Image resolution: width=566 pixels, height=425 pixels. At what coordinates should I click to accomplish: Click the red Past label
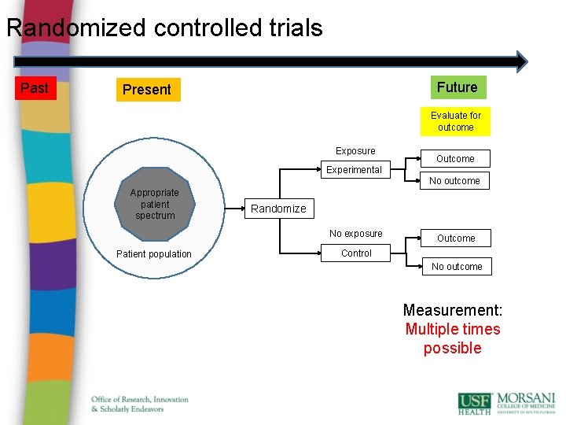(x=34, y=88)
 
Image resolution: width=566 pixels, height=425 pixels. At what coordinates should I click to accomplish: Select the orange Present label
(x=147, y=90)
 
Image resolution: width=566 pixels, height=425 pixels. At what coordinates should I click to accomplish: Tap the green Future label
(x=457, y=87)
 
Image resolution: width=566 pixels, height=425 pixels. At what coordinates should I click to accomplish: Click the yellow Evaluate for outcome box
(x=455, y=121)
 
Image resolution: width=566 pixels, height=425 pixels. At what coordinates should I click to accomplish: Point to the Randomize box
(x=278, y=209)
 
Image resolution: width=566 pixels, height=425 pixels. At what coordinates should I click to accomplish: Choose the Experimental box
(x=355, y=169)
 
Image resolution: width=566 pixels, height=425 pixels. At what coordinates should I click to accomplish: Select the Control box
(x=356, y=253)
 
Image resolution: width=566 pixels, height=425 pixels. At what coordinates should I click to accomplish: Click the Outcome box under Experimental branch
(x=455, y=158)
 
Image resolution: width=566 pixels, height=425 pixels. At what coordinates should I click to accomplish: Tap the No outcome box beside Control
(x=457, y=267)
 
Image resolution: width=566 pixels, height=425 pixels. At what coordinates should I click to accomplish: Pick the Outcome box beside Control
(x=456, y=238)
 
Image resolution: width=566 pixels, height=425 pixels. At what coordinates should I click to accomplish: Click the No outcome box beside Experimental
(x=454, y=181)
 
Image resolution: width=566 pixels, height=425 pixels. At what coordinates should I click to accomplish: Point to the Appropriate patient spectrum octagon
(x=155, y=204)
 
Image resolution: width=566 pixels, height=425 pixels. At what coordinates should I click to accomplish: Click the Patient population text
(x=153, y=254)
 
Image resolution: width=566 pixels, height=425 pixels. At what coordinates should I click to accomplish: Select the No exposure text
(x=356, y=234)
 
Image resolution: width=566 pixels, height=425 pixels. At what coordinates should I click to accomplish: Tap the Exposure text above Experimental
(x=355, y=151)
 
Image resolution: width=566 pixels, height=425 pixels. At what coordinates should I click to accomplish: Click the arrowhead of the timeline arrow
(x=520, y=61)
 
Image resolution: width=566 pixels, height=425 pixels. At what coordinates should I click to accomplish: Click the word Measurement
(x=452, y=310)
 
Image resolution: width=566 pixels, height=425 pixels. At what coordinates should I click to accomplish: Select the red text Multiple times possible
(x=452, y=338)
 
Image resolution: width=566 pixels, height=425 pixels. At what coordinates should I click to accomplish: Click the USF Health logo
(x=474, y=403)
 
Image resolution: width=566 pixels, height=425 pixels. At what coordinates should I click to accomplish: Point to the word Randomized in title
(x=77, y=28)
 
